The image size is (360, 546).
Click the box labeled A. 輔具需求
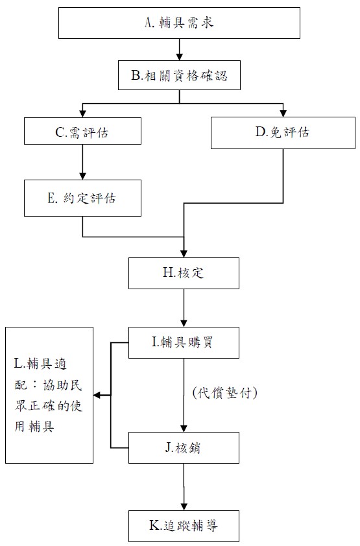(x=179, y=23)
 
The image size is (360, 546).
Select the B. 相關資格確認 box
(x=179, y=75)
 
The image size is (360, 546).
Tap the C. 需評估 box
(x=82, y=131)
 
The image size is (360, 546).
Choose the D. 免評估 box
(x=283, y=133)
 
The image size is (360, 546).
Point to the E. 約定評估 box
(x=82, y=198)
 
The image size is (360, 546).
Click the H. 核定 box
(x=184, y=274)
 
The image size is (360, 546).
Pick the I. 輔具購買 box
(x=184, y=342)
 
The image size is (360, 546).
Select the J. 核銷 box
(x=184, y=448)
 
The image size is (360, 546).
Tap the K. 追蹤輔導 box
(x=184, y=526)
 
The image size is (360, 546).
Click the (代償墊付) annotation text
(x=224, y=393)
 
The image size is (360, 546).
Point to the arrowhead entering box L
(x=97, y=395)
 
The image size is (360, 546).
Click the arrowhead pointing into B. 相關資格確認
(x=179, y=57)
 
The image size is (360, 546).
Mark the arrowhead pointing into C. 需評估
(x=82, y=114)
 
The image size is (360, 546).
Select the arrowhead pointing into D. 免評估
(x=283, y=113)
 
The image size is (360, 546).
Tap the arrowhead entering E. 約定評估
(x=82, y=176)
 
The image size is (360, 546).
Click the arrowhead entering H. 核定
(x=184, y=254)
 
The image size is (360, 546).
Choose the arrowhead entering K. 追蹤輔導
(x=184, y=507)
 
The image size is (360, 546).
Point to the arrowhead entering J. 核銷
(x=184, y=429)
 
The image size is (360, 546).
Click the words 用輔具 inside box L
(x=34, y=426)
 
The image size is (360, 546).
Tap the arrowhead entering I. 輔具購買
(x=184, y=324)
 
